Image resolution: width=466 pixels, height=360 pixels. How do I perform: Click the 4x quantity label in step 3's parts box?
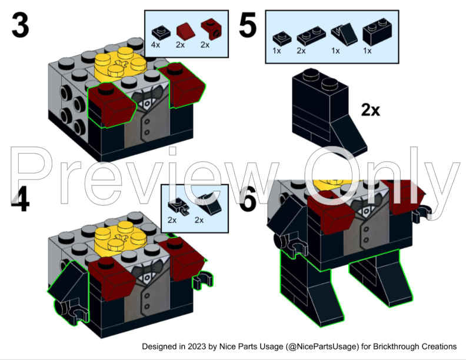156,44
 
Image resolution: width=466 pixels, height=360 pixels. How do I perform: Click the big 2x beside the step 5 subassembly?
371,109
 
